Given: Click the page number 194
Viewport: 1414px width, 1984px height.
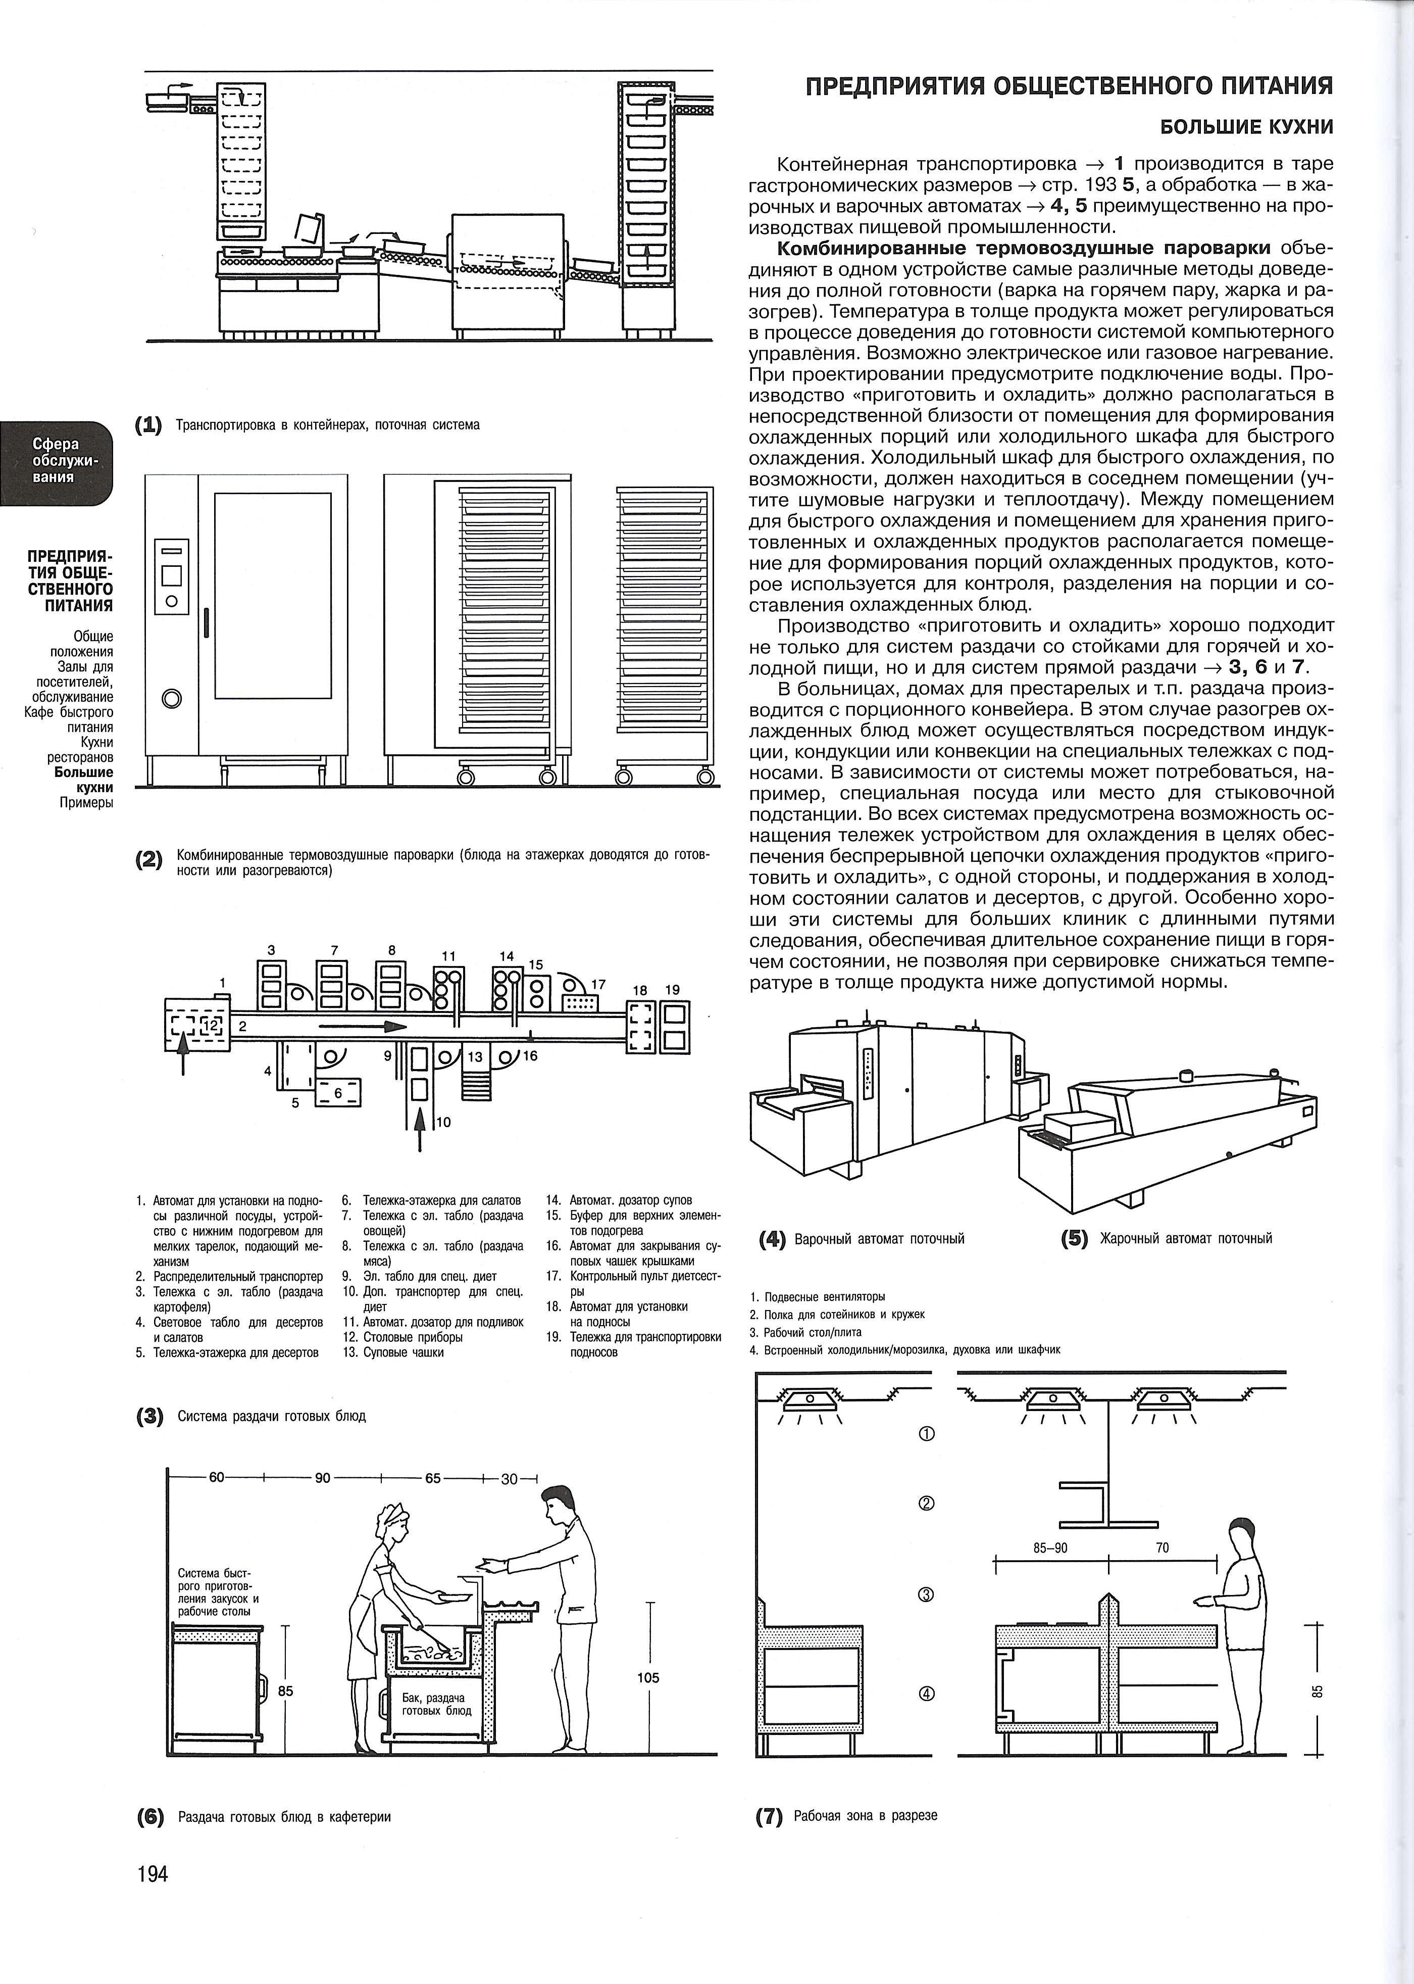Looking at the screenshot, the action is point(153,1899).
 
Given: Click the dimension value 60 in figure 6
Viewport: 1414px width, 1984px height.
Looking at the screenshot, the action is point(217,1478).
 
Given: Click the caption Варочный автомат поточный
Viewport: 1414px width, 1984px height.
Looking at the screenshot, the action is point(879,1239).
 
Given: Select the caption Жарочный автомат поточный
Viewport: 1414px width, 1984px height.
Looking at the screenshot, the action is point(1186,1239).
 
